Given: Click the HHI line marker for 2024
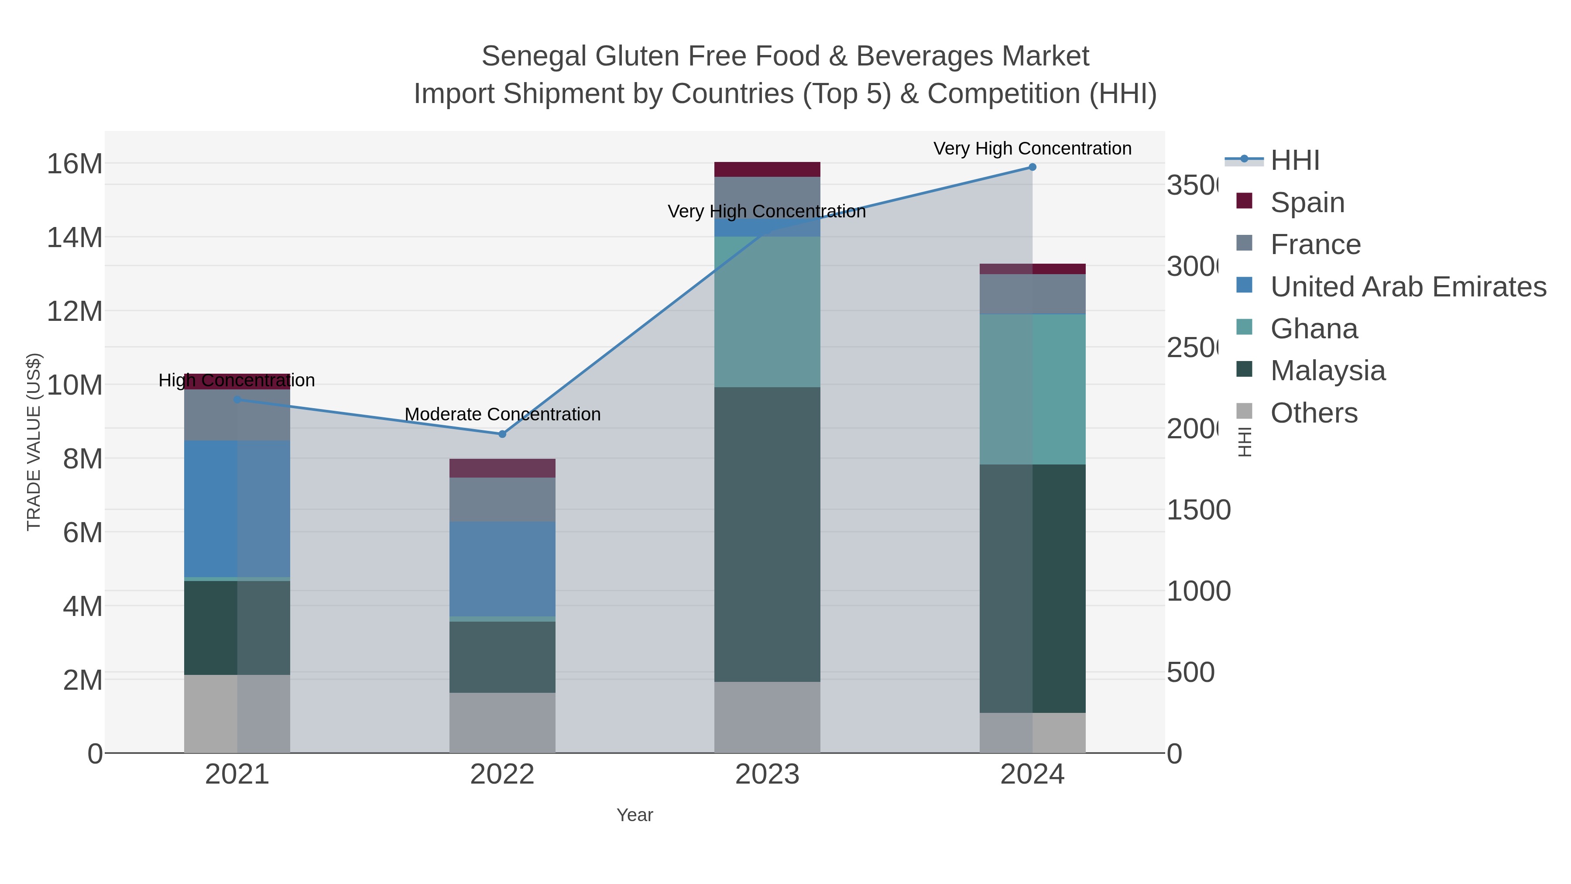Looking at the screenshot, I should pos(1032,167).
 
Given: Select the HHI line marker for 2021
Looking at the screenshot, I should pos(237,399).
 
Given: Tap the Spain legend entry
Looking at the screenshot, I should pos(1307,202).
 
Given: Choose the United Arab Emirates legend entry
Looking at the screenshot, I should pos(1407,286).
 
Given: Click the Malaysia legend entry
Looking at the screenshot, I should pos(1327,370).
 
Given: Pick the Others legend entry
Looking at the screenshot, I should pos(1314,413).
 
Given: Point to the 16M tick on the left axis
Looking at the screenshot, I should pos(74,164).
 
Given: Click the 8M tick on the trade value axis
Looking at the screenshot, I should pos(82,459).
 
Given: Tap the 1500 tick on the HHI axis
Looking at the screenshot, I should pos(1198,510).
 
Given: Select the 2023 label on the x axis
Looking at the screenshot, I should pos(767,774).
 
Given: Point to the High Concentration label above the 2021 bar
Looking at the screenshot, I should pos(237,380).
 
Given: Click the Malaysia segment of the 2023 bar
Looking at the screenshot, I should pos(767,534).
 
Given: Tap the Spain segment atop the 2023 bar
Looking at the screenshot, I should pos(767,169).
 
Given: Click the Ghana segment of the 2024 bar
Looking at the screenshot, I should pos(1032,389).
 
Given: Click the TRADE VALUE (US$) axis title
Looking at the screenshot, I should pos(34,442).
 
